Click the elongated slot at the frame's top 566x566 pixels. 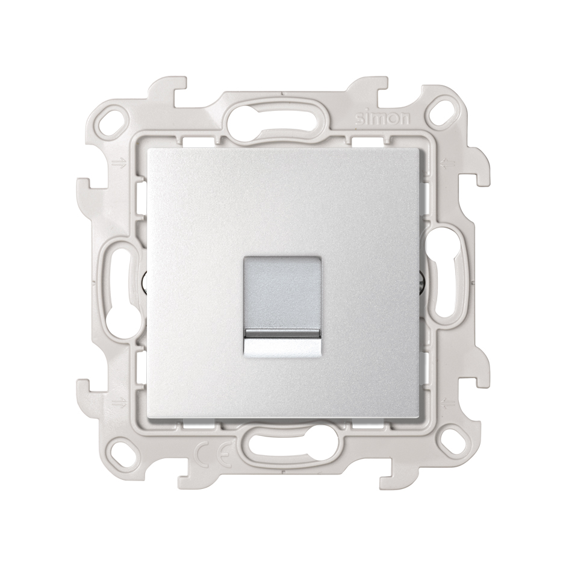point(283,112)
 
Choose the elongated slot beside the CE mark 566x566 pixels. point(283,449)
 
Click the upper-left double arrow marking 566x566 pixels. point(117,163)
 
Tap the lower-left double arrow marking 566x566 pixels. point(117,399)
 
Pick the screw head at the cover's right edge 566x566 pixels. point(423,281)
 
